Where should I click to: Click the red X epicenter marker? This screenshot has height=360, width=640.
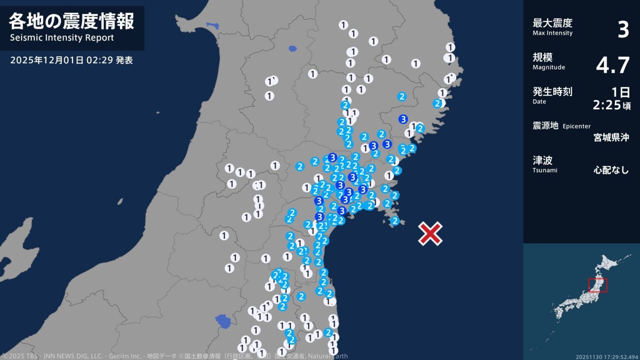[430, 233]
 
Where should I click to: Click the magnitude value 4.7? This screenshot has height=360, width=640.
[612, 65]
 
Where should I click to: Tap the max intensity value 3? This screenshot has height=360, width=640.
[623, 30]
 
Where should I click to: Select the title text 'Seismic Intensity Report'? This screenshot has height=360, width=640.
[62, 38]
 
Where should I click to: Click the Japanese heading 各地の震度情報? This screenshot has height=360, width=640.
[71, 21]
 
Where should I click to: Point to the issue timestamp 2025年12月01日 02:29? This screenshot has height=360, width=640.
[62, 60]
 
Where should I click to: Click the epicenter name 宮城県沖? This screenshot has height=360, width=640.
[611, 137]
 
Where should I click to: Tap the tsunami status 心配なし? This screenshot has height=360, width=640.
[611, 170]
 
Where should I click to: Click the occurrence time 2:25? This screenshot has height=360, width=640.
[607, 105]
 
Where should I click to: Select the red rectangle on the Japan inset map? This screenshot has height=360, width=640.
[597, 285]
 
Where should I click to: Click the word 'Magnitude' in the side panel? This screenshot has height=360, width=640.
[549, 67]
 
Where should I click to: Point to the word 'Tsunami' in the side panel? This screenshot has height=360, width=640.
[545, 170]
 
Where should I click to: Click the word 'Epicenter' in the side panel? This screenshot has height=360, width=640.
[576, 126]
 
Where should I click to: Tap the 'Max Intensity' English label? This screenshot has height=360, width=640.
[552, 33]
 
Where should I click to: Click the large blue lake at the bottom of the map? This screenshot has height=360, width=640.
[223, 321]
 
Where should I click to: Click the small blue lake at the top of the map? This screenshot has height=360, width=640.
[292, 49]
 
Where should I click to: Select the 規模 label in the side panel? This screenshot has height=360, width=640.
[542, 57]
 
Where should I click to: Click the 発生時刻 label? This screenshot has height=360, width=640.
[552, 91]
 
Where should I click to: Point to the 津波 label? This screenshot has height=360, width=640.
[542, 160]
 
